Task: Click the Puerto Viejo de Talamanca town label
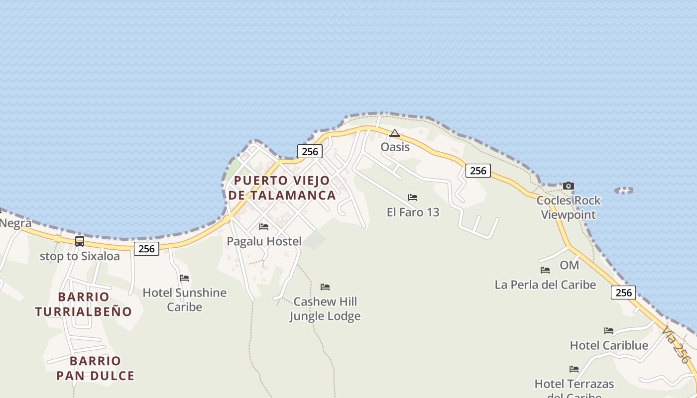(282, 188)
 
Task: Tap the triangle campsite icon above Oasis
(395, 133)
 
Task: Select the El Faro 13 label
(413, 212)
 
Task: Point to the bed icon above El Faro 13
(413, 198)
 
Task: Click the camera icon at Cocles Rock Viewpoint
(569, 186)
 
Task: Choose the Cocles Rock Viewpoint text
(569, 208)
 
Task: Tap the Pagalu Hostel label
(264, 242)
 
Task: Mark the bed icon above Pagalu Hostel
(264, 227)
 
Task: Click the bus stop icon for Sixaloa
(80, 241)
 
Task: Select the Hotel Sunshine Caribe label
(185, 299)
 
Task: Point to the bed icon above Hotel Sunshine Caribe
(184, 278)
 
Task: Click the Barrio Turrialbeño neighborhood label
(84, 304)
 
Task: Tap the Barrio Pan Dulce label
(95, 368)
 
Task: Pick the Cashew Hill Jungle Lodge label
(325, 309)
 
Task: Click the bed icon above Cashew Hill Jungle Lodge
(325, 287)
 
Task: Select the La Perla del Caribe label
(545, 285)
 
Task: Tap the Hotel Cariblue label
(609, 346)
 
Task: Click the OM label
(570, 265)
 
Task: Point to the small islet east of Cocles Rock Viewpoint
(624, 190)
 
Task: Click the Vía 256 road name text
(676, 344)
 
